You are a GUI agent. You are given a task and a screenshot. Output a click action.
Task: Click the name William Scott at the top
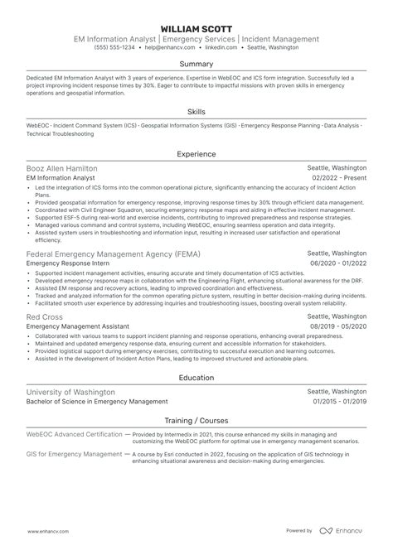pos(196,28)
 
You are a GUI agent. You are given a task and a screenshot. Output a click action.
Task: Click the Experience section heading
pos(196,153)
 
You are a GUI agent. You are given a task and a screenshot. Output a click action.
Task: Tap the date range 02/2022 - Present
pos(339,178)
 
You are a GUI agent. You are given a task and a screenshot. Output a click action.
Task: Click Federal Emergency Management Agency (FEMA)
pos(113,253)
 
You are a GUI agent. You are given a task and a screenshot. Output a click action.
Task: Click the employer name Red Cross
pos(43,316)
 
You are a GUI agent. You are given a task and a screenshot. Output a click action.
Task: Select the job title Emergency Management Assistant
pos(77,327)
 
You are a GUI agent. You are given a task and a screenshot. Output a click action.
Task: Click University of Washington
pos(71,391)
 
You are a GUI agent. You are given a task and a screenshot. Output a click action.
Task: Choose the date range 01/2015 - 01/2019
pos(338,402)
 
